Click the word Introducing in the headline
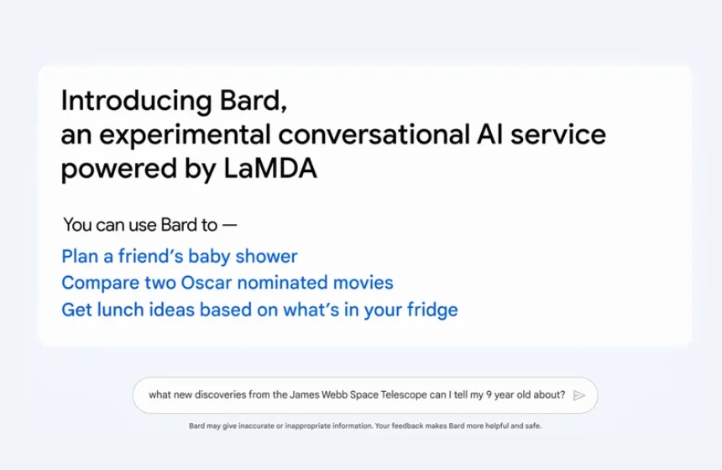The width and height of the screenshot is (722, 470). point(136,102)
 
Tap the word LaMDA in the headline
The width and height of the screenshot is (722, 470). point(270,168)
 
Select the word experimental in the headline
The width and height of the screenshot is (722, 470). point(185,135)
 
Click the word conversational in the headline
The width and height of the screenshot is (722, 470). point(374,134)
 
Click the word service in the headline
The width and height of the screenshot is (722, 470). point(558,134)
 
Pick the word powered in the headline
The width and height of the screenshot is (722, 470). point(119,169)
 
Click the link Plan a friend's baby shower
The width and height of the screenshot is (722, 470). point(180,257)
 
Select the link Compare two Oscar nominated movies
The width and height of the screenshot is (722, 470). point(228,283)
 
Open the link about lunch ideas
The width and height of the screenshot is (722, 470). point(259,310)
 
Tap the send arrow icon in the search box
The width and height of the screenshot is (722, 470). point(579,395)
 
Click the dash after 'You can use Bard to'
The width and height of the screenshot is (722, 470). point(229,226)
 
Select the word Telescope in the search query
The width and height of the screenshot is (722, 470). point(404,395)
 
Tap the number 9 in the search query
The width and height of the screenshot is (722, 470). point(489,395)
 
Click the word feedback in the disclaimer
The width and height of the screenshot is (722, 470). point(407,426)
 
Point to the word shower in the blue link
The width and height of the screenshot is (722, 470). point(267,257)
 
